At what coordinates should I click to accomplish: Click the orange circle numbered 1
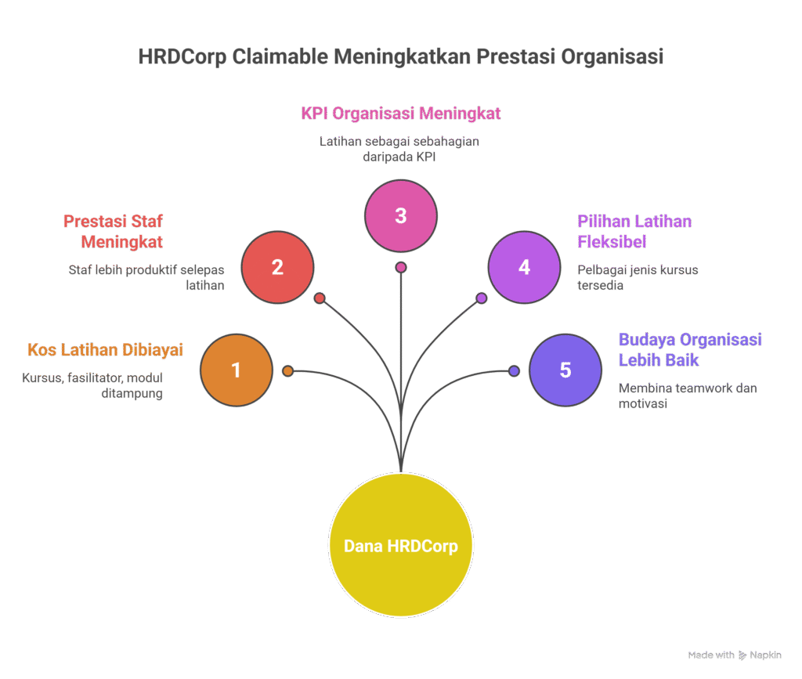(237, 370)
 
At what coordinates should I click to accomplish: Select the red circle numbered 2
(277, 267)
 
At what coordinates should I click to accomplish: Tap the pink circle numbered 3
(401, 215)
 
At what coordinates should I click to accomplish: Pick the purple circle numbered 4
(524, 267)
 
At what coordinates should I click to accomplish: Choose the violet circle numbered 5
(565, 370)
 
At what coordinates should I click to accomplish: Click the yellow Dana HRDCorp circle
(401, 546)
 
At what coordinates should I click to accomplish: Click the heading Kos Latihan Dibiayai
(105, 349)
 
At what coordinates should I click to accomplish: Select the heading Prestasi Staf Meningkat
(114, 231)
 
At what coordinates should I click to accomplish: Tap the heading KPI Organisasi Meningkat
(401, 113)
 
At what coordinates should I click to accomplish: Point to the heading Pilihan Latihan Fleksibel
(634, 231)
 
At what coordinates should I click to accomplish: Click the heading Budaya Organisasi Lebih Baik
(690, 349)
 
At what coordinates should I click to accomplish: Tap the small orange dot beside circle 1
(287, 371)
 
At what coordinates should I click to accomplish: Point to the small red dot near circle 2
(319, 298)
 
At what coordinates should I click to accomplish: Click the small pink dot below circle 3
(401, 267)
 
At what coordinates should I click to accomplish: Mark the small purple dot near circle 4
(482, 298)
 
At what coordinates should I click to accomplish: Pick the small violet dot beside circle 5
(514, 371)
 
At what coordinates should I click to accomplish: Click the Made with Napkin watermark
(735, 655)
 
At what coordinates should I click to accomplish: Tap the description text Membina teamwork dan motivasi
(687, 396)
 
